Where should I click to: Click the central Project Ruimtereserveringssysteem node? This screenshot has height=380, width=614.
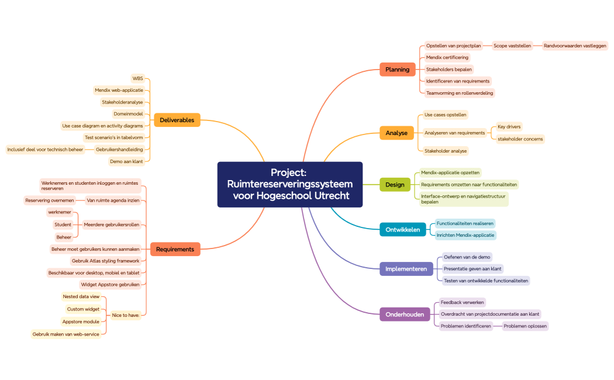(290, 184)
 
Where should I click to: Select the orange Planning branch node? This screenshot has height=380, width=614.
(397, 70)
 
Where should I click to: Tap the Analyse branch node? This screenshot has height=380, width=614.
(396, 133)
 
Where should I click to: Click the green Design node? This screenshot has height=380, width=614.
(395, 185)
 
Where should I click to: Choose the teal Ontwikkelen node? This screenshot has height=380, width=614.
(402, 230)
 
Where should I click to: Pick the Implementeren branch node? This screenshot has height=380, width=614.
(406, 269)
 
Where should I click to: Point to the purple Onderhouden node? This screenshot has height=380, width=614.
(405, 315)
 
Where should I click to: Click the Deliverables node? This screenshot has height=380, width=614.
(177, 120)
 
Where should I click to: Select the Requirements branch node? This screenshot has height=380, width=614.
(175, 249)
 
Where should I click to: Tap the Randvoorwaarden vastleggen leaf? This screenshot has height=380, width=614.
(575, 46)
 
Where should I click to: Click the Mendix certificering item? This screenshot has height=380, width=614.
(447, 57)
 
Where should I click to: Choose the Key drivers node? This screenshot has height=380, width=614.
(509, 126)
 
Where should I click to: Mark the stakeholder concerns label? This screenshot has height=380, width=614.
(520, 139)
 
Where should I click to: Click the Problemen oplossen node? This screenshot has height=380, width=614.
(525, 326)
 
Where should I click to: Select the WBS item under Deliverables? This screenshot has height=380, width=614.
(137, 78)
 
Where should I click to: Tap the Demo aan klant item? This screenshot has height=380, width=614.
(126, 161)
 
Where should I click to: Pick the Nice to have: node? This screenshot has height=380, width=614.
(126, 315)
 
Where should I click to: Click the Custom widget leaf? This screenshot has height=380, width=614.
(83, 309)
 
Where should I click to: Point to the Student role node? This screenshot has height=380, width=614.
(63, 224)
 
